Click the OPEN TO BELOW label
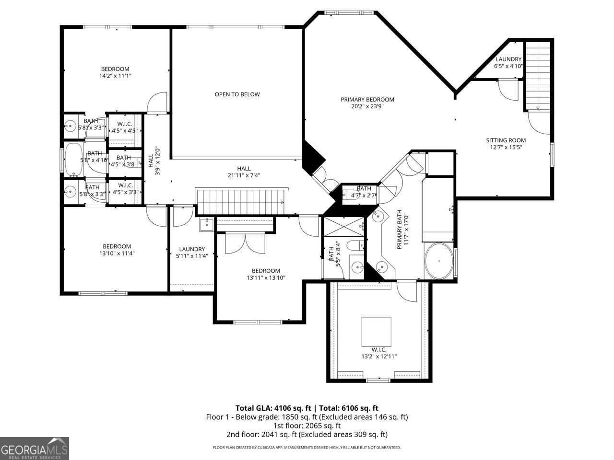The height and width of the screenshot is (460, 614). pos(237,94)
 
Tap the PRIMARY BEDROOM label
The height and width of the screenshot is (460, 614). pos(367,100)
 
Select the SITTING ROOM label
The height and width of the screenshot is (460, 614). pos(506,140)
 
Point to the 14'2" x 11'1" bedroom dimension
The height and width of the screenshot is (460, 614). pos(115,76)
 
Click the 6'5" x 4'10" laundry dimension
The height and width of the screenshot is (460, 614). pos(508,66)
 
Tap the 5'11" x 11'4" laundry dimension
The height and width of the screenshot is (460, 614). pos(192,256)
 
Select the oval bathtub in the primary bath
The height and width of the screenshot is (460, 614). pos(438,261)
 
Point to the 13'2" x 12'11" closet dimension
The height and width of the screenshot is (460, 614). pos(378,356)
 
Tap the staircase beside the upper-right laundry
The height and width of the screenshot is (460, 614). pos(538,76)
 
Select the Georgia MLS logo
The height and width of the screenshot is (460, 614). pos(34,448)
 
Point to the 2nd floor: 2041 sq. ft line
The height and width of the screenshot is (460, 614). pos(307,435)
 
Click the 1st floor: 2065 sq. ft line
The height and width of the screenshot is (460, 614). pos(307,425)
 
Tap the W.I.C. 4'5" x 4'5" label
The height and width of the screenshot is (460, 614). pos(125,127)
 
